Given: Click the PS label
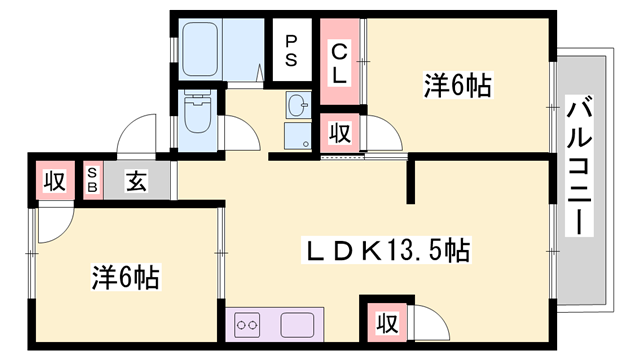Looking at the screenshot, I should [x=291, y=49].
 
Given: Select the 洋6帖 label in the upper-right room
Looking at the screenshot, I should [x=458, y=86].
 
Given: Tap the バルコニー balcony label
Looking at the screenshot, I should [x=579, y=165].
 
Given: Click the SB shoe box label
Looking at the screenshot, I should [x=92, y=181].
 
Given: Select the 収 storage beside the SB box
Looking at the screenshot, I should [x=54, y=182].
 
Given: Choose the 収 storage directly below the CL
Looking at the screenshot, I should [x=340, y=131].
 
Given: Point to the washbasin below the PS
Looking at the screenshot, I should [x=297, y=104].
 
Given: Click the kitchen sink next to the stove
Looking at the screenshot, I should [x=299, y=324].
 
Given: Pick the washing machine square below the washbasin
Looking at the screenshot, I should [x=298, y=136].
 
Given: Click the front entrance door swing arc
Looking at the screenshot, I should [x=135, y=135].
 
